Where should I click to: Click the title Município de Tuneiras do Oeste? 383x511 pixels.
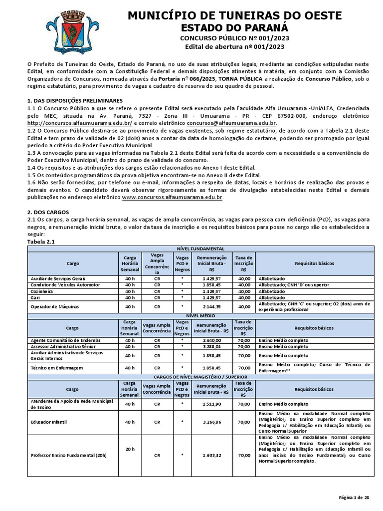pyautogui.click(x=234, y=16)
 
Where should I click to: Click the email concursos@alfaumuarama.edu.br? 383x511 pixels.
pyautogui.click(x=231, y=123)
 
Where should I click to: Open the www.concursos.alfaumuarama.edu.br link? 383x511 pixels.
pyautogui.click(x=172, y=198)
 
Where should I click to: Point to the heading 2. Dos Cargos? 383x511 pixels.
pyautogui.click(x=44, y=212)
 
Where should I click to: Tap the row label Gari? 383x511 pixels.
pyautogui.click(x=36, y=297)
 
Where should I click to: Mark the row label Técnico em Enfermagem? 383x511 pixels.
pyautogui.click(x=56, y=368)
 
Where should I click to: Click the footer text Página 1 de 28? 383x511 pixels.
pyautogui.click(x=354, y=498)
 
